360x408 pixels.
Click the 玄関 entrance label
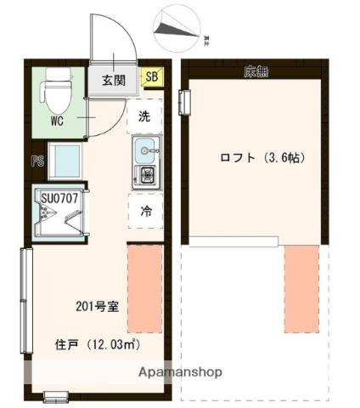114,81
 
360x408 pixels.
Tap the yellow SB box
152,78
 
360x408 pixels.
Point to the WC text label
56,121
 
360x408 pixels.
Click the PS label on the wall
37,160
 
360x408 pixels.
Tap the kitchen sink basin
146,151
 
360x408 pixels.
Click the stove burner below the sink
146,177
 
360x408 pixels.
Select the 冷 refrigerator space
145,212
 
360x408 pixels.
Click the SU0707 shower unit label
59,199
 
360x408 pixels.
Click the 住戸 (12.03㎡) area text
96,345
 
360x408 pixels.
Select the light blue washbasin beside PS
65,160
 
